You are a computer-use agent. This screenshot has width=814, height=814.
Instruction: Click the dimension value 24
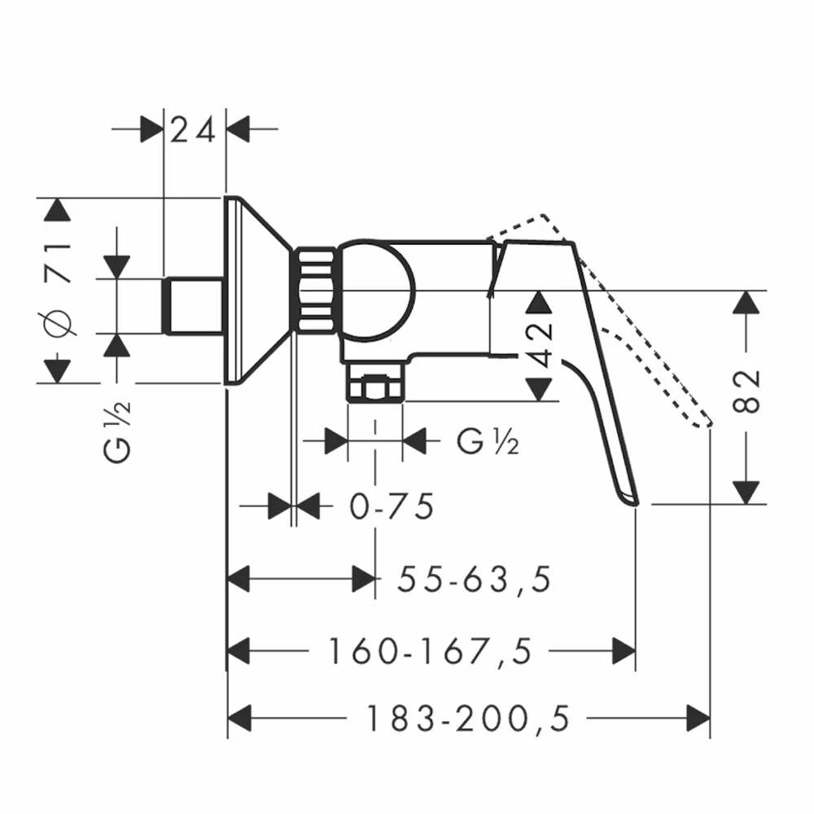pos(193,130)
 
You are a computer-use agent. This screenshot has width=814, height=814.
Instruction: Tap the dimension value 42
pos(538,344)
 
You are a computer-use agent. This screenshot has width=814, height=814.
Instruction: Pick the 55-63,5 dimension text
pos(474,580)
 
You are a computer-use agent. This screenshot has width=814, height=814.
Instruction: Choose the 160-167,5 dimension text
pos(431,651)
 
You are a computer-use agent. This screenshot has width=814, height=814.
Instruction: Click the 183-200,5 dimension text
pos(468,719)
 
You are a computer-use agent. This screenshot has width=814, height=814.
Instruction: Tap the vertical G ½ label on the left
pos(117,432)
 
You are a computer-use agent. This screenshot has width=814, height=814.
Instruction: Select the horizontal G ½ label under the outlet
pos(488,442)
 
